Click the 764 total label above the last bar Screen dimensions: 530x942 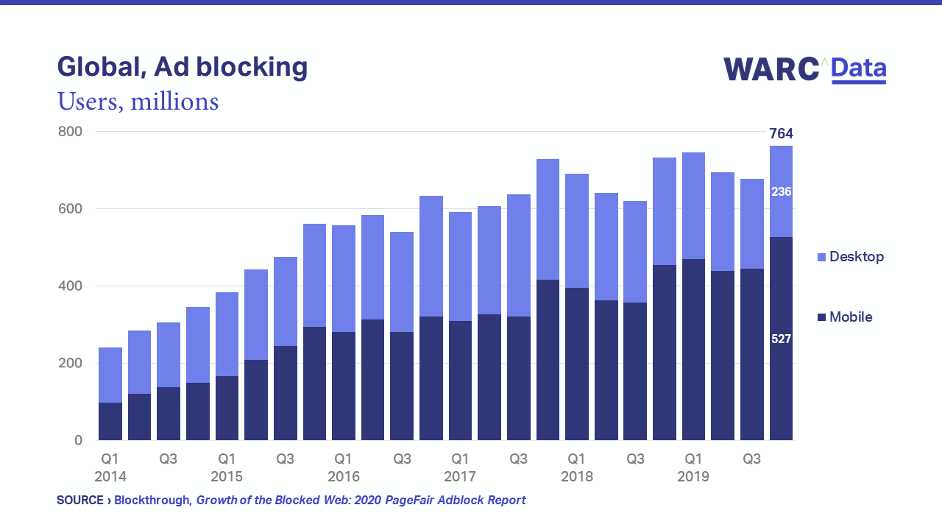(x=781, y=134)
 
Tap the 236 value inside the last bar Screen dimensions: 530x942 (x=781, y=192)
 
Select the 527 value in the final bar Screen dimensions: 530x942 (x=781, y=339)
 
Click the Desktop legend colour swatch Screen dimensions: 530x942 (x=821, y=258)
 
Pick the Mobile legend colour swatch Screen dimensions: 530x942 (x=821, y=318)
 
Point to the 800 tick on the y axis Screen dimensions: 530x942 (x=71, y=132)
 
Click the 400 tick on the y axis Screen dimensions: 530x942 (x=71, y=286)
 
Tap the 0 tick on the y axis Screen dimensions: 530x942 (x=78, y=440)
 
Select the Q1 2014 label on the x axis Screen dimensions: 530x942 (x=110, y=467)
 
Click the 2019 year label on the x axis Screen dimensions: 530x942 (x=693, y=476)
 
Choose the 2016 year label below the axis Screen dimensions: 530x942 (x=343, y=476)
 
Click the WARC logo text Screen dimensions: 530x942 (x=771, y=69)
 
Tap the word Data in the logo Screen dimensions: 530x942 (x=859, y=69)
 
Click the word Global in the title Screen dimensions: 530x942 (x=101, y=67)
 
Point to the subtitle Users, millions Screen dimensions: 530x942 (x=138, y=101)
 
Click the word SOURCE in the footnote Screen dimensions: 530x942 (x=79, y=501)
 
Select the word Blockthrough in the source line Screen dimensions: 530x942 (x=152, y=501)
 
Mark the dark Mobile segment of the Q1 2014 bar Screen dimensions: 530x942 (x=110, y=421)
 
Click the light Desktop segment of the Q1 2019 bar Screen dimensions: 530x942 (x=693, y=205)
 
